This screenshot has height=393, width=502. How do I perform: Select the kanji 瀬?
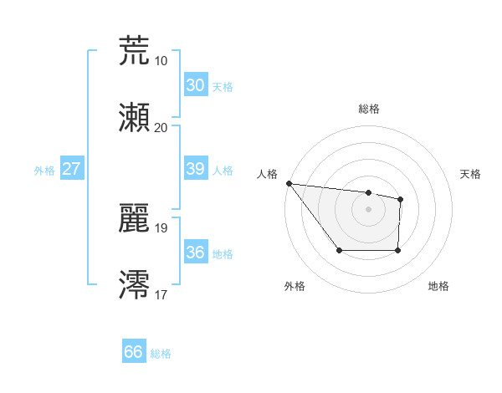click(134, 118)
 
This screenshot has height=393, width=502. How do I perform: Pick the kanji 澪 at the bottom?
click(134, 284)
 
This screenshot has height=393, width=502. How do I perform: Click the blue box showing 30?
click(195, 85)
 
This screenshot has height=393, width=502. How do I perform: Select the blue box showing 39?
click(195, 169)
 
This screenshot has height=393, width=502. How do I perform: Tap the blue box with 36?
click(195, 253)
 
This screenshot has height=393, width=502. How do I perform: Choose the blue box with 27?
click(71, 169)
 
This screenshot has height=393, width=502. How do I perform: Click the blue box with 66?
click(133, 352)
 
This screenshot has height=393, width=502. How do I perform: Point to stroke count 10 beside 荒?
click(161, 61)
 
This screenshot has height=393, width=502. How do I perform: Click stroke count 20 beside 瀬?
click(161, 128)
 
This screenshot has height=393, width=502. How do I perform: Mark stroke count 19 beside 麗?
click(161, 227)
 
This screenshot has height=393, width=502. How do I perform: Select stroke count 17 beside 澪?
click(161, 294)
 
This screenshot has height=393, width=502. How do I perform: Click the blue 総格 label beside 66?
click(161, 354)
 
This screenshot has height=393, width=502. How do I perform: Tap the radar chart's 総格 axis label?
click(368, 109)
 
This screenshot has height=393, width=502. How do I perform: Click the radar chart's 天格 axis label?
click(471, 174)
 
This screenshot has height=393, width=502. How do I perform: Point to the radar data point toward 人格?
click(289, 183)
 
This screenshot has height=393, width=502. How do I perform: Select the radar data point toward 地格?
click(397, 250)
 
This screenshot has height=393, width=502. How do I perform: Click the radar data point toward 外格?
click(339, 250)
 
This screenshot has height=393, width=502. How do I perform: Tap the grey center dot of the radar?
click(368, 209)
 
